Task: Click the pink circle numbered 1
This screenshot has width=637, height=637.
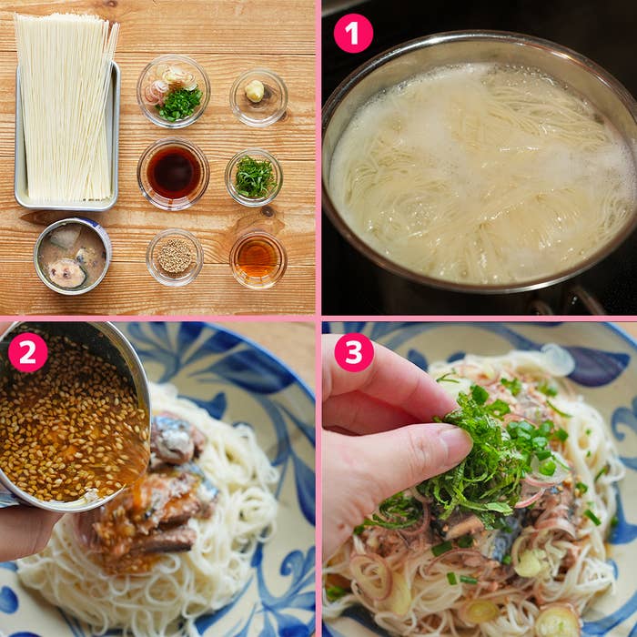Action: coord(353,34)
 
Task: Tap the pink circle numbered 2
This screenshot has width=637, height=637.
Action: coord(27,351)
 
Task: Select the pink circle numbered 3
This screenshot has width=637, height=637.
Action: coord(353,352)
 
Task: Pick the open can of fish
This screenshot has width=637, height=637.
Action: coord(72,256)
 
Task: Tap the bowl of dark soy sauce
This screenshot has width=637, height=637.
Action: coord(173,173)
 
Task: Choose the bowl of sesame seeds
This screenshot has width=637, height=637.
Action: coord(175,257)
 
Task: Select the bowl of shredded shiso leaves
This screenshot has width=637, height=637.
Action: coord(254,177)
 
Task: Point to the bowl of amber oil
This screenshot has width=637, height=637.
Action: coord(258,258)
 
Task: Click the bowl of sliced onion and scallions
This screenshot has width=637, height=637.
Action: coord(174,91)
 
